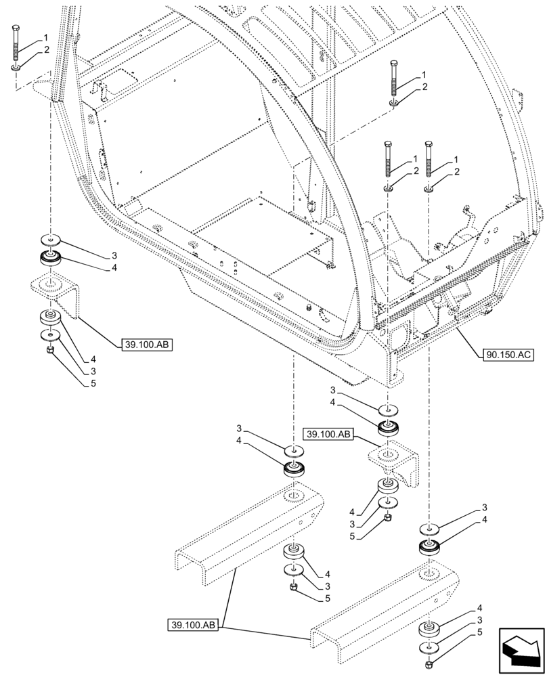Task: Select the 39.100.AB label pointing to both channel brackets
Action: point(193,625)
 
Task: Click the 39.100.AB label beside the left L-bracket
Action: point(146,345)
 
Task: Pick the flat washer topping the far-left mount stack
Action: point(50,240)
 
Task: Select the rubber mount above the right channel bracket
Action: point(429,546)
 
